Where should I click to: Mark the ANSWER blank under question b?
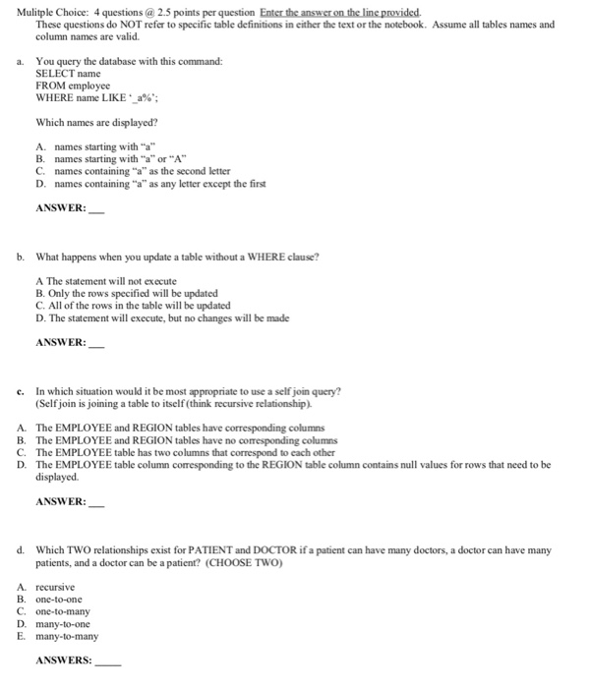pos(95,342)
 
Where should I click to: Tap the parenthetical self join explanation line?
pos(173,403)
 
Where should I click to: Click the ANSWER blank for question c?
pos(95,501)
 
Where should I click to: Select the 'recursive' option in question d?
pos(55,587)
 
